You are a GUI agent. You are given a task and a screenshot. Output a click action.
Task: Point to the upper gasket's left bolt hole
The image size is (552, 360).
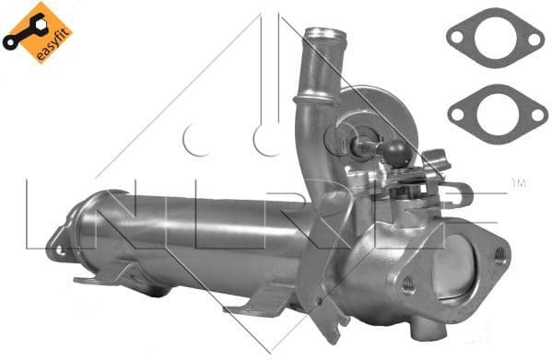pyautogui.click(x=454, y=36)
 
